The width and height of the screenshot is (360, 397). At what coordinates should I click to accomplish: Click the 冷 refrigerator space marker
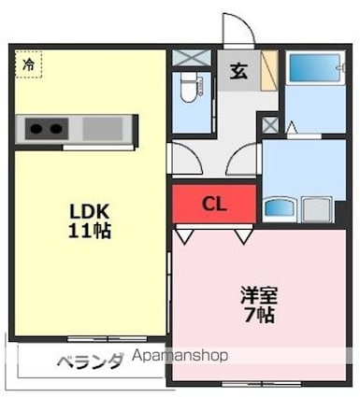[28, 64]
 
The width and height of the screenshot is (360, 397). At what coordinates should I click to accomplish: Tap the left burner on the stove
[36, 128]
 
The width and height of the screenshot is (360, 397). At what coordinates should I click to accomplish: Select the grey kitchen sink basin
[102, 129]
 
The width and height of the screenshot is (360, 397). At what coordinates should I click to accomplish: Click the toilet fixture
[189, 88]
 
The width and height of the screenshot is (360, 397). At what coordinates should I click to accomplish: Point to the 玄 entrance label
[238, 71]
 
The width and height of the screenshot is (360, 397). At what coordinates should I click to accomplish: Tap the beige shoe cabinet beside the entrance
[269, 70]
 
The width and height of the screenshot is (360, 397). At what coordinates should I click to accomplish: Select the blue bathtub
[314, 68]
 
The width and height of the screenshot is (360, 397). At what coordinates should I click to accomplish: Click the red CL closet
[214, 204]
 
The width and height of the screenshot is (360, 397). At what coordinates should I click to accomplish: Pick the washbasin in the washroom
[280, 206]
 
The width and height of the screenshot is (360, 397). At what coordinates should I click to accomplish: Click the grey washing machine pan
[317, 209]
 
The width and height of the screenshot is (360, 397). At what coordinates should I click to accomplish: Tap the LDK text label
[89, 211]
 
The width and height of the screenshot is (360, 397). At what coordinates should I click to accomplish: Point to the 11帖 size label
[90, 231]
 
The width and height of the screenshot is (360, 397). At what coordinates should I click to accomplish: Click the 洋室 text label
[259, 295]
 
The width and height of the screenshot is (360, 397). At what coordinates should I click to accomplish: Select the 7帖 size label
[259, 315]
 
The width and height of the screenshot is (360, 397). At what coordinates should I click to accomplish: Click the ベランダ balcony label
[90, 362]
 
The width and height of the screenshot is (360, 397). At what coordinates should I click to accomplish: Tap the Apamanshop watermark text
[180, 356]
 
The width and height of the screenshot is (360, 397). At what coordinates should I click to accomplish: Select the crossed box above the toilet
[192, 58]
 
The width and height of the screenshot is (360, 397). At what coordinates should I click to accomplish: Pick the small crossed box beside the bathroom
[270, 125]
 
